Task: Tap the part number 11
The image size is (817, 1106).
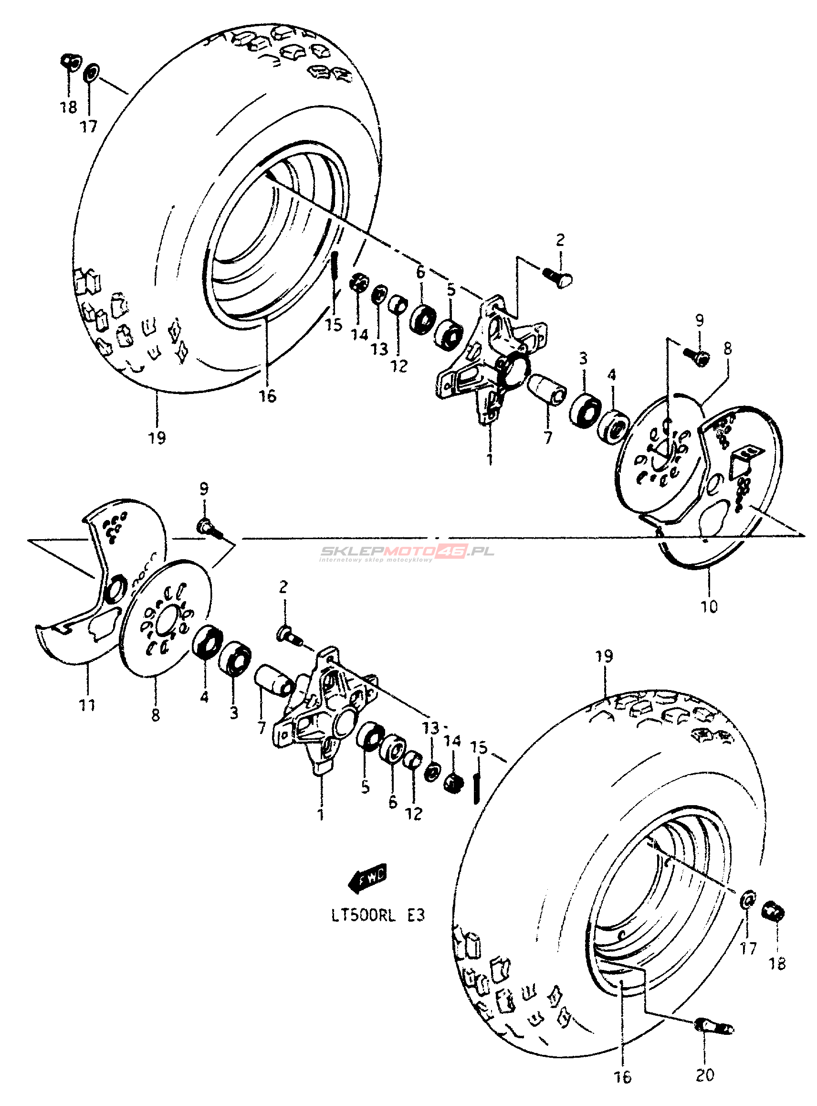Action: coord(87,705)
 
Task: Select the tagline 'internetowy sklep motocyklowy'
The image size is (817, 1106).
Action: coord(376,560)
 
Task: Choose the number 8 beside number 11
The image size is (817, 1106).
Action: coord(156,714)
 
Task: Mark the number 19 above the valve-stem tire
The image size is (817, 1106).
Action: coord(604,656)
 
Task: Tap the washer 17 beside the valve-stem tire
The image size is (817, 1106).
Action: coord(748,898)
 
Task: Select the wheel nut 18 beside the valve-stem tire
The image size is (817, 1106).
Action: coord(775,911)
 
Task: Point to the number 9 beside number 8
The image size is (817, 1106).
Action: coord(699,320)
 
